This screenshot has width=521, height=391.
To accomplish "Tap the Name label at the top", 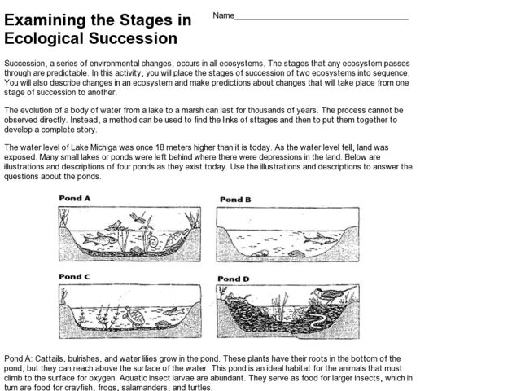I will pos(224,16).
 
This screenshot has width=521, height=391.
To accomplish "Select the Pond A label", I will pos(74,198).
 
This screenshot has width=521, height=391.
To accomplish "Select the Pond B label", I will pos(235,200).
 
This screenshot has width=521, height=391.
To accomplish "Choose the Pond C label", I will pos(74,277).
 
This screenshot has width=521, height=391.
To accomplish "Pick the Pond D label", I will pos(235,279).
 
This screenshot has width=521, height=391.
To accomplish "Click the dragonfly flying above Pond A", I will pos(143,217).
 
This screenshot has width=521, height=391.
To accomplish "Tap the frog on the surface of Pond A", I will pos(117,225).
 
